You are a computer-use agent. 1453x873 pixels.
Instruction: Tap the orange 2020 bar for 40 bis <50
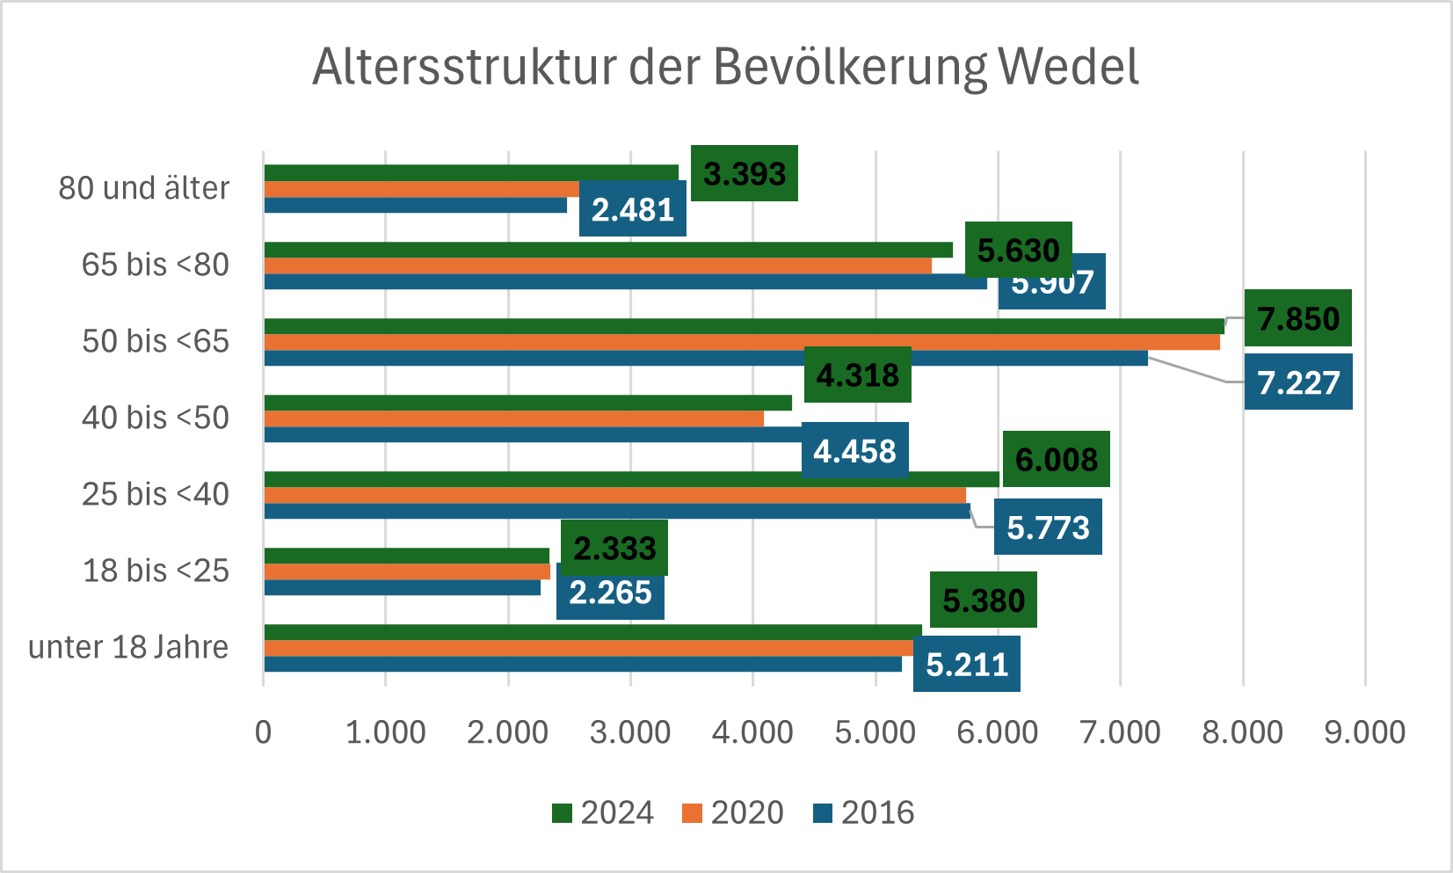point(513,418)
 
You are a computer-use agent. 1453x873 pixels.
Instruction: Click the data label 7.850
point(1297,318)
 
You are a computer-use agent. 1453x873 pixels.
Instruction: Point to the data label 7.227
point(1297,382)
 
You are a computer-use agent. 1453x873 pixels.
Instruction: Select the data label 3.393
point(744,173)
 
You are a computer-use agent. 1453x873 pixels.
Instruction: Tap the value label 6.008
point(1056,459)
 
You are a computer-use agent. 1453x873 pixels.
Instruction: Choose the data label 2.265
point(610,593)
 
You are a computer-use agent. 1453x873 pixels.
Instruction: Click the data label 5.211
point(966,664)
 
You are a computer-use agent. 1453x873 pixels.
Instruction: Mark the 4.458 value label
point(854,451)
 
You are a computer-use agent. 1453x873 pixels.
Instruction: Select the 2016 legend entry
point(863,812)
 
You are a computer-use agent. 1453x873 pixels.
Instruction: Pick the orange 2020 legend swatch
point(692,813)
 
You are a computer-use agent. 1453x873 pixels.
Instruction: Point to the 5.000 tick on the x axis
point(875,732)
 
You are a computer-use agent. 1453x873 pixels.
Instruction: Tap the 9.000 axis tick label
point(1364,732)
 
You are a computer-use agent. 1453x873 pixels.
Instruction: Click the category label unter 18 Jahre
point(128,647)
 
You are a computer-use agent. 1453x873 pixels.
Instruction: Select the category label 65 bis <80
point(155,265)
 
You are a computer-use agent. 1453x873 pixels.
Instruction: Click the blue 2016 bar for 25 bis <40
point(615,511)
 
